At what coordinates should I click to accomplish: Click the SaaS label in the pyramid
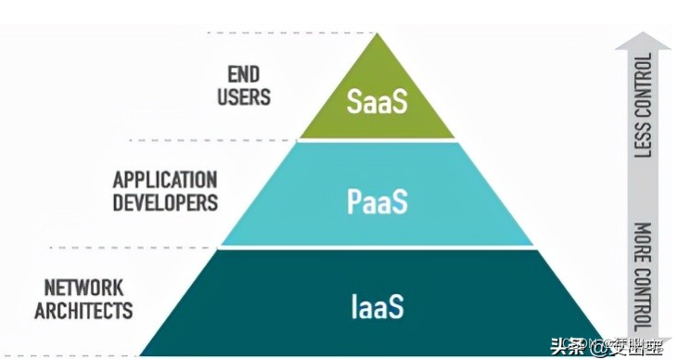point(377,100)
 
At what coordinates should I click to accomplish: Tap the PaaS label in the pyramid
point(377,202)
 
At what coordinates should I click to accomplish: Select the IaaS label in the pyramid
point(377,305)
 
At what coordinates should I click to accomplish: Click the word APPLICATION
point(165,178)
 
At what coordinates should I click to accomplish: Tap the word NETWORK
point(83,288)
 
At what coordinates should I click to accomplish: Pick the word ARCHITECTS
point(83,310)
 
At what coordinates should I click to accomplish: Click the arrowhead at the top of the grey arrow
point(642,39)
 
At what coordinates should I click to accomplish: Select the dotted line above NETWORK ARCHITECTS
point(130,248)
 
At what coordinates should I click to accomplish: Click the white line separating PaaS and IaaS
point(377,248)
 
